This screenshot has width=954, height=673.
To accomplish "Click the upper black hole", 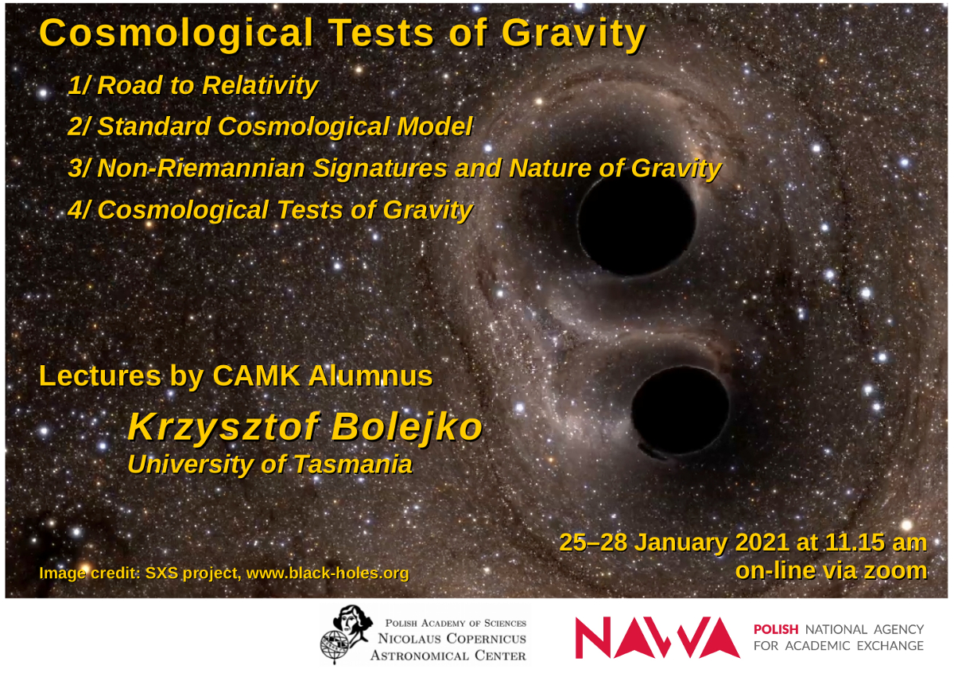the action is coord(637,225).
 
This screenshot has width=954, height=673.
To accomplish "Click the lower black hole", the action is coord(681,410).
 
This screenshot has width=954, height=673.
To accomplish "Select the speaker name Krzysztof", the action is coord(224,427).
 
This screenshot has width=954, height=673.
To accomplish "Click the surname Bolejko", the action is coord(407,427).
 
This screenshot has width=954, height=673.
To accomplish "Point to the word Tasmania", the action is coord(353,464).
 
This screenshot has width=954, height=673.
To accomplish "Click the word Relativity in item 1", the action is coord(260,86).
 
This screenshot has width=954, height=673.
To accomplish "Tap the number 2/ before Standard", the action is coord(79,126).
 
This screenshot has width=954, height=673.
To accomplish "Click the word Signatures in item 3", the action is coord(380,169).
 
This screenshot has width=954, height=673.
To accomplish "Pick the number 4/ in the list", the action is coord(79,210).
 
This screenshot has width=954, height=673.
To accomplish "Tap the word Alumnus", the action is coord(371,376).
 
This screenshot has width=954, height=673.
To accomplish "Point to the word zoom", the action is coord(895,570).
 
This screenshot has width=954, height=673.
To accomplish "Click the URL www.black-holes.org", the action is coord(328,574).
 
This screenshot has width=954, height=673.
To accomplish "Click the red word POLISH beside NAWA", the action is coord(776,629).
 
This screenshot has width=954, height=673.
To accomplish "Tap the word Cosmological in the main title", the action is coord(176,34).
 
